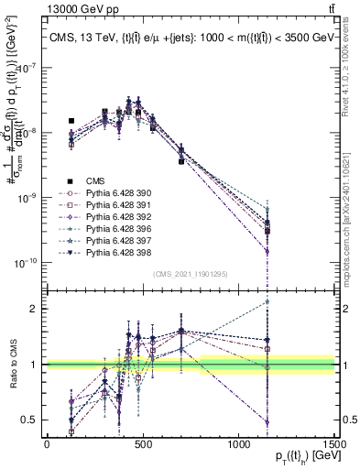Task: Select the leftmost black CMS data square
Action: [x=71, y=121]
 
